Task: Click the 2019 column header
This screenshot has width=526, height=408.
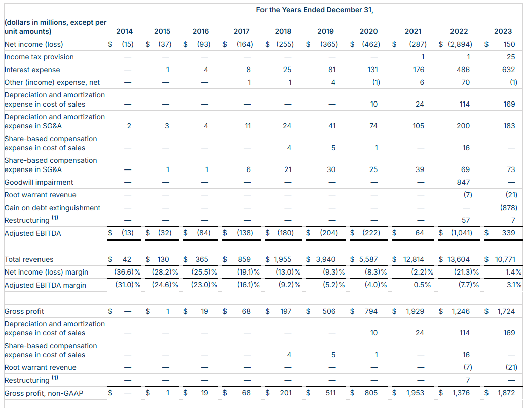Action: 325,31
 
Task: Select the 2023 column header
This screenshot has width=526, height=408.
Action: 503,31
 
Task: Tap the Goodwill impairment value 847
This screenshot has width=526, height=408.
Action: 463,182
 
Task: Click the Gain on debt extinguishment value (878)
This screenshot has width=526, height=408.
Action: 509,208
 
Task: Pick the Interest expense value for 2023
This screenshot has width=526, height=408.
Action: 509,70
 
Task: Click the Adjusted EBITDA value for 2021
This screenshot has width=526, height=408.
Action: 419,233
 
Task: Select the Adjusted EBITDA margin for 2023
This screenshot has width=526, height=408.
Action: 514,285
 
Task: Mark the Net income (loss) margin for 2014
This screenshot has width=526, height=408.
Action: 127,272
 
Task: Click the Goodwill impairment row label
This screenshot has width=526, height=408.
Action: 39,182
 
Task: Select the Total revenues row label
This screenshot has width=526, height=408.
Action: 29,259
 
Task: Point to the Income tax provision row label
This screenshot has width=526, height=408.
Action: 39,57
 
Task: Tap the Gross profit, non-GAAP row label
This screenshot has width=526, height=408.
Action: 44,393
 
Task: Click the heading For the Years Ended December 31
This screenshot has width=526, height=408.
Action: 315,10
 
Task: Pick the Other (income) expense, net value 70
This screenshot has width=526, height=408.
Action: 466,82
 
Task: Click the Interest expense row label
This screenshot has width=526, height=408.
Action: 32,70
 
